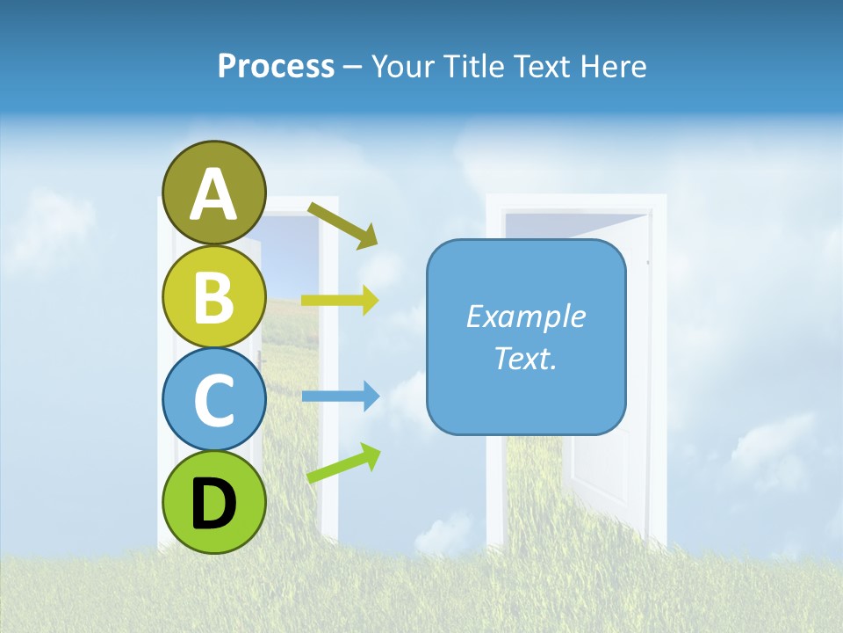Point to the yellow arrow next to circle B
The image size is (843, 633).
tap(339, 300)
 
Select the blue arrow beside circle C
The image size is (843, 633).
tap(339, 397)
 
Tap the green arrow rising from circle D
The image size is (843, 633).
tap(343, 463)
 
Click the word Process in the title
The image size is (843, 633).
tap(277, 66)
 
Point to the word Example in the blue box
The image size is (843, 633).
tap(526, 316)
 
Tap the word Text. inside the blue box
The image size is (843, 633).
tap(526, 358)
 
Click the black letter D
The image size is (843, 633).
tap(214, 505)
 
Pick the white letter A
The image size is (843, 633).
tap(214, 194)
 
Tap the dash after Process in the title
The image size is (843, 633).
tap(353, 66)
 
